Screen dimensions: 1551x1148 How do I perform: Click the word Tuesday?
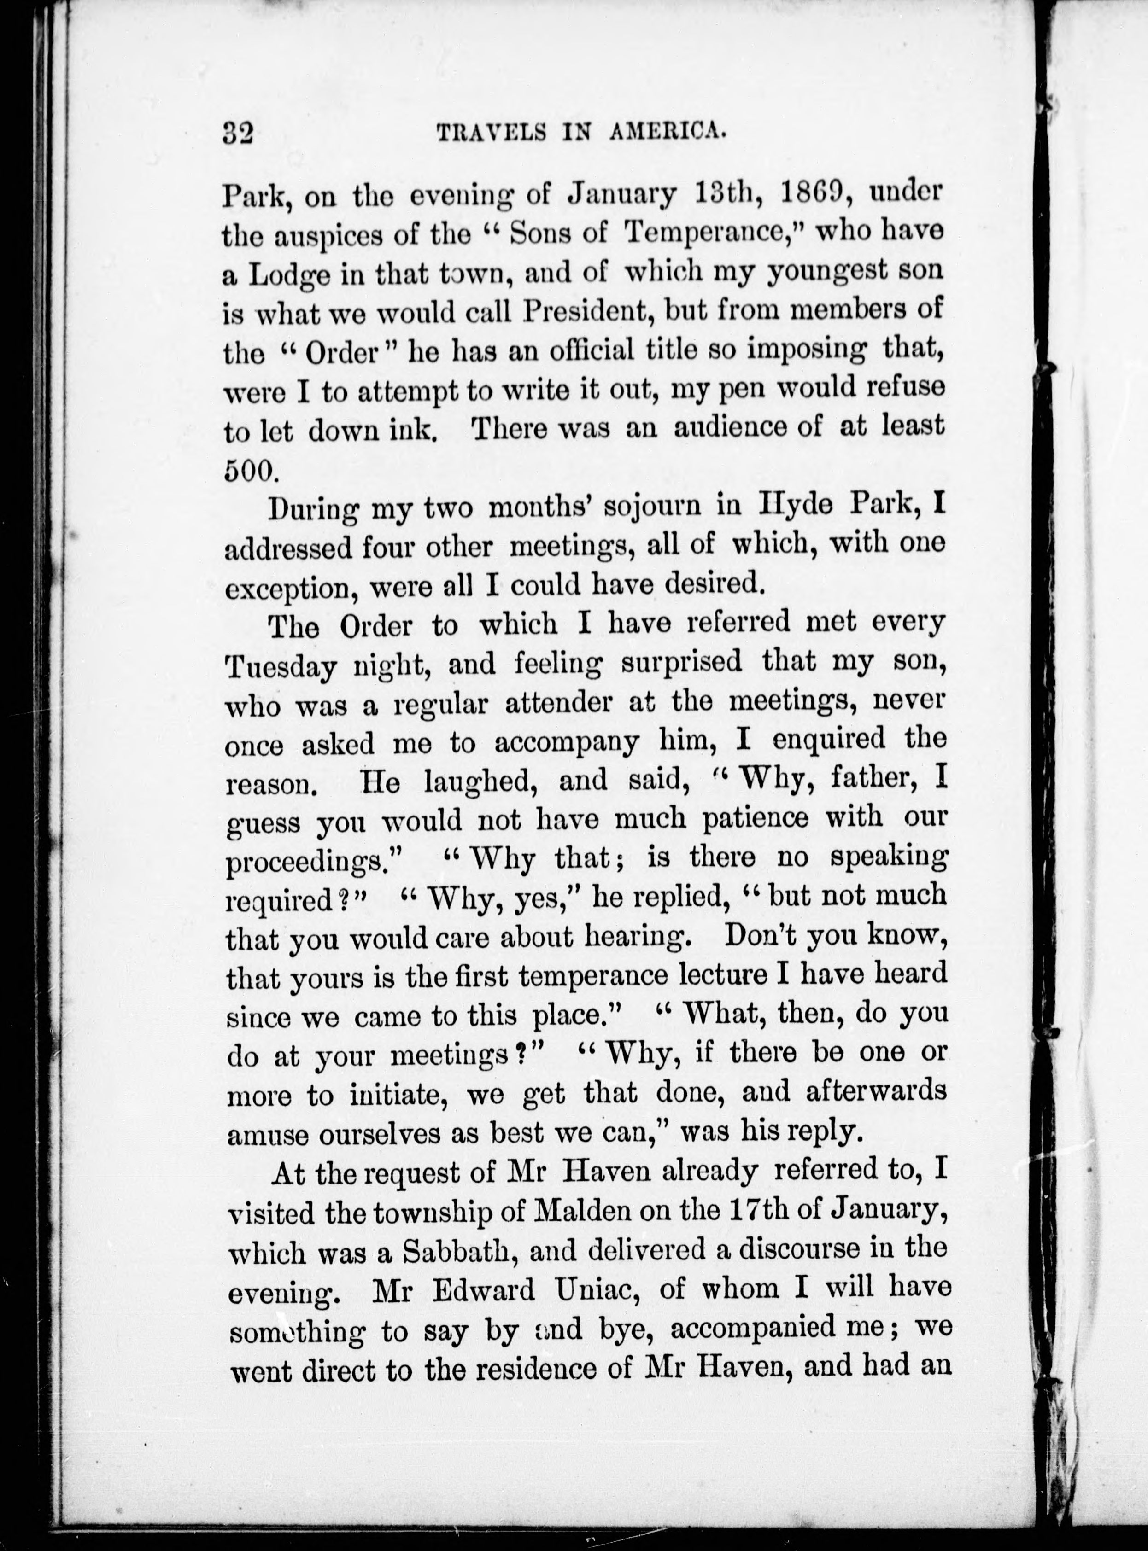[x=281, y=666]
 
